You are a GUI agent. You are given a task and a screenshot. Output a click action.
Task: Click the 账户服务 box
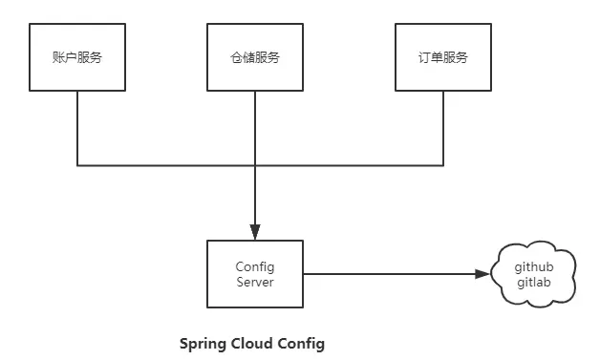77,57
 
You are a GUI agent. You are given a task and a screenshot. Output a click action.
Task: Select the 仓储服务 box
255,57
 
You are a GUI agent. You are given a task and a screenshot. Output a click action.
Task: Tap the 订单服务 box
442,57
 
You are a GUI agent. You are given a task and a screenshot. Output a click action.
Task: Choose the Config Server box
255,274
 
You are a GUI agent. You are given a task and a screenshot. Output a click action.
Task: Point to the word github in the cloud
534,266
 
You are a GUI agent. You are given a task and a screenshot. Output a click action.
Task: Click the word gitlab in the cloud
534,284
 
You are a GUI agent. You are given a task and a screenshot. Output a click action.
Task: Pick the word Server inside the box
255,282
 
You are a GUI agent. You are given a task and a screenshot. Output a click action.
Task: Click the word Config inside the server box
255,266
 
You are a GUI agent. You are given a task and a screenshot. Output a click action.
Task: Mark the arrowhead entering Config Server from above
255,232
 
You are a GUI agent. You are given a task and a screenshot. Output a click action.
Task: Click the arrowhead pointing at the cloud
482,274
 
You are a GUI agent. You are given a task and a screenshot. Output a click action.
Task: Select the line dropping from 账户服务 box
77,129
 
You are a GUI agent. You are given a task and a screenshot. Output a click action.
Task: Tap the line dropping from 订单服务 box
442,129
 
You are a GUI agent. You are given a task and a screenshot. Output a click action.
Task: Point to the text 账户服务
77,57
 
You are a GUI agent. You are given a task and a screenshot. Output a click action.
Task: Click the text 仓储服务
255,57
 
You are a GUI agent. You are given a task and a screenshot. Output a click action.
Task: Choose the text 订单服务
442,57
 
